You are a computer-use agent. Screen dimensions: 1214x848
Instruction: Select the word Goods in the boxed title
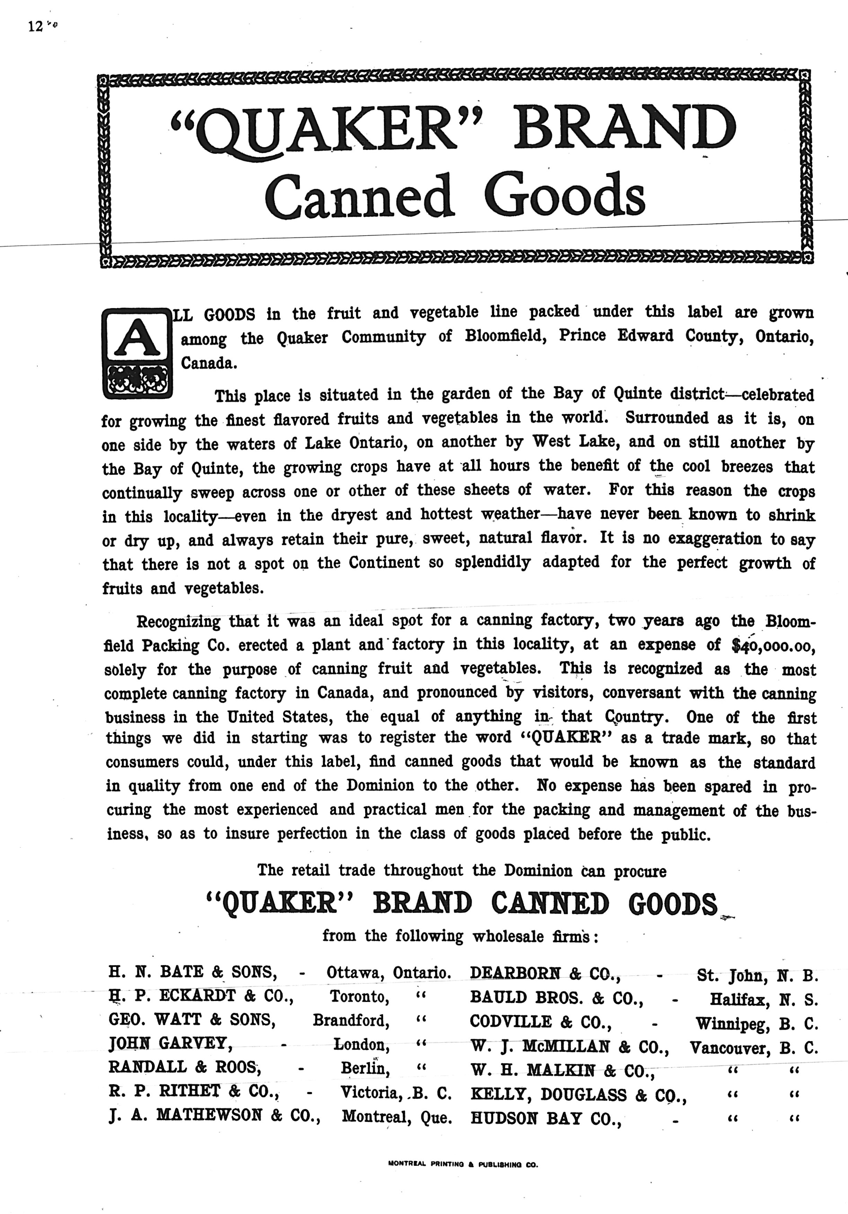pos(565,196)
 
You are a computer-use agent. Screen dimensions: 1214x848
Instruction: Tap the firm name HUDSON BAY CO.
pos(545,1119)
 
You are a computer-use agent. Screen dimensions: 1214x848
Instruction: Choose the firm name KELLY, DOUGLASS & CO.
pos(578,1095)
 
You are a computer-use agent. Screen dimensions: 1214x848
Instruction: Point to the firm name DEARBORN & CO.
pos(545,973)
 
